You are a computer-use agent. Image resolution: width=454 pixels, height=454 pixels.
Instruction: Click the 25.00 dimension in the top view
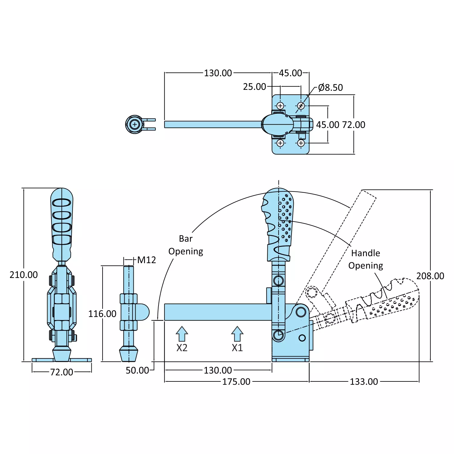pyautogui.click(x=254, y=87)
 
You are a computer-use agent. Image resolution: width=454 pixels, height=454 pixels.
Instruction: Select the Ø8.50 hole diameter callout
pyautogui.click(x=330, y=88)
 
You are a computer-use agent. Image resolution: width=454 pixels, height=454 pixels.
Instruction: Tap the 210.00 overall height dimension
pyautogui.click(x=24, y=275)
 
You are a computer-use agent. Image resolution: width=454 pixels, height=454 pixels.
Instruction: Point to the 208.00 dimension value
pyautogui.click(x=430, y=276)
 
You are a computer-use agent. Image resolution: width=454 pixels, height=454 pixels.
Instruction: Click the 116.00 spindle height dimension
pyautogui.click(x=102, y=314)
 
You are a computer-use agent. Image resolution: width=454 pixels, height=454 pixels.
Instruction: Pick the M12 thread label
pyautogui.click(x=146, y=260)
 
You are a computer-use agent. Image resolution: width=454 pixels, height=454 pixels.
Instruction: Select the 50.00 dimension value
pyautogui.click(x=137, y=371)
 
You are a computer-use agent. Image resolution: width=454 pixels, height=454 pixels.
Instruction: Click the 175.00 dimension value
pyautogui.click(x=236, y=382)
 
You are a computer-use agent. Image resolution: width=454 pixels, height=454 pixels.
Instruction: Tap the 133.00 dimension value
pyautogui.click(x=364, y=382)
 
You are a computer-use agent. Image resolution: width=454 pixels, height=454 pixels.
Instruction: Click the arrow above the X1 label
pyautogui.click(x=237, y=334)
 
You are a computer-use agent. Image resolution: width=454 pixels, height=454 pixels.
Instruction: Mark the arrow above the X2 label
pyautogui.click(x=182, y=334)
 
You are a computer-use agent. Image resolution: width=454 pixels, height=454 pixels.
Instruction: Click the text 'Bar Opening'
pyautogui.click(x=186, y=245)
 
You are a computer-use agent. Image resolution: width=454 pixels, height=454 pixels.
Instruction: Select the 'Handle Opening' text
pyautogui.click(x=365, y=259)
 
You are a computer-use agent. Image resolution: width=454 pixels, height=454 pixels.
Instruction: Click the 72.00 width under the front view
pyautogui.click(x=62, y=372)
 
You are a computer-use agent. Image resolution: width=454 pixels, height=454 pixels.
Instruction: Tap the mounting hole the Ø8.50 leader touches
pyautogui.click(x=301, y=106)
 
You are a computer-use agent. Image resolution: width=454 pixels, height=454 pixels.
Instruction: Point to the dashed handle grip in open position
pyautogui.click(x=384, y=302)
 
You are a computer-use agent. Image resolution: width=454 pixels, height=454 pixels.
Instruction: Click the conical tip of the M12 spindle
pyautogui.click(x=129, y=354)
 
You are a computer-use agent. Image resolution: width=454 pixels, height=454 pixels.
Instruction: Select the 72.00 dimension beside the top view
pyautogui.click(x=354, y=125)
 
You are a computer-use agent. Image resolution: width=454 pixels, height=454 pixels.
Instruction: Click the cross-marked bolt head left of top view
pyautogui.click(x=135, y=124)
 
